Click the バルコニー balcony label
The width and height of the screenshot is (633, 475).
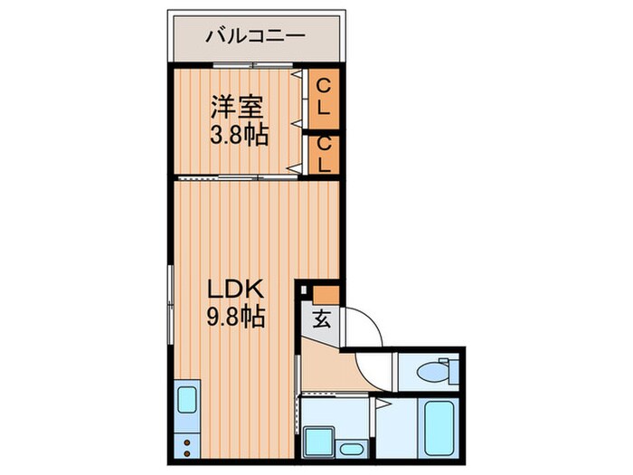point(255,36)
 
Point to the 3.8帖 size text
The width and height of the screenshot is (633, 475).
point(238,137)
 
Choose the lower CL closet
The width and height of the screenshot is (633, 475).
point(324,153)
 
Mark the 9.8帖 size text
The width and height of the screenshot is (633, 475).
point(235,318)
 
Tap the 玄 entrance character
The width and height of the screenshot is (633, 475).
point(322,318)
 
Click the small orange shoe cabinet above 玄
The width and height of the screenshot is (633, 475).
point(326,293)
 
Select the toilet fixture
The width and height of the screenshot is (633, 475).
point(434,371)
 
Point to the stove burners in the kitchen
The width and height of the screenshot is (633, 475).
point(188,446)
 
